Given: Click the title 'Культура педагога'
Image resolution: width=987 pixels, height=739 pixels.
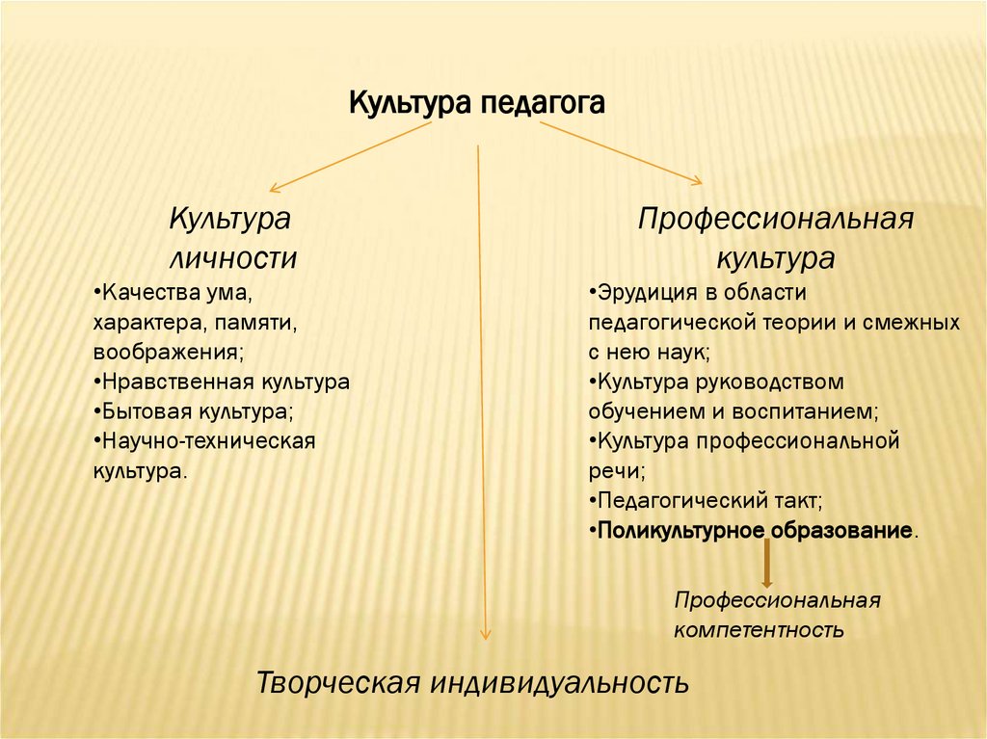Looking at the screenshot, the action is coord(476,102).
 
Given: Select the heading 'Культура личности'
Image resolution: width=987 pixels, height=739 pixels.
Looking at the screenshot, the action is coord(231,238).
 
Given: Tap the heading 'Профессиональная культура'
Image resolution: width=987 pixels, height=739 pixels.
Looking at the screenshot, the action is coord(775,238).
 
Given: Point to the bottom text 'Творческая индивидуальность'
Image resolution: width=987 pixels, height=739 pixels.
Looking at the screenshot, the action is coord(472,683).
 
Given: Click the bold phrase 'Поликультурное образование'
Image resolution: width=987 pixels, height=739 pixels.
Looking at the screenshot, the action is coord(755,531).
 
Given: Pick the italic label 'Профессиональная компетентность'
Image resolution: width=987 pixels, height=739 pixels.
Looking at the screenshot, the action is coord(777,615).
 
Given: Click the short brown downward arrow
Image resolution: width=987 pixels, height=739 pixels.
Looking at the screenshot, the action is coord(767,565).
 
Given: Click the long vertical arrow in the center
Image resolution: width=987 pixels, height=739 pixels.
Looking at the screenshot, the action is coord(482,385).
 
